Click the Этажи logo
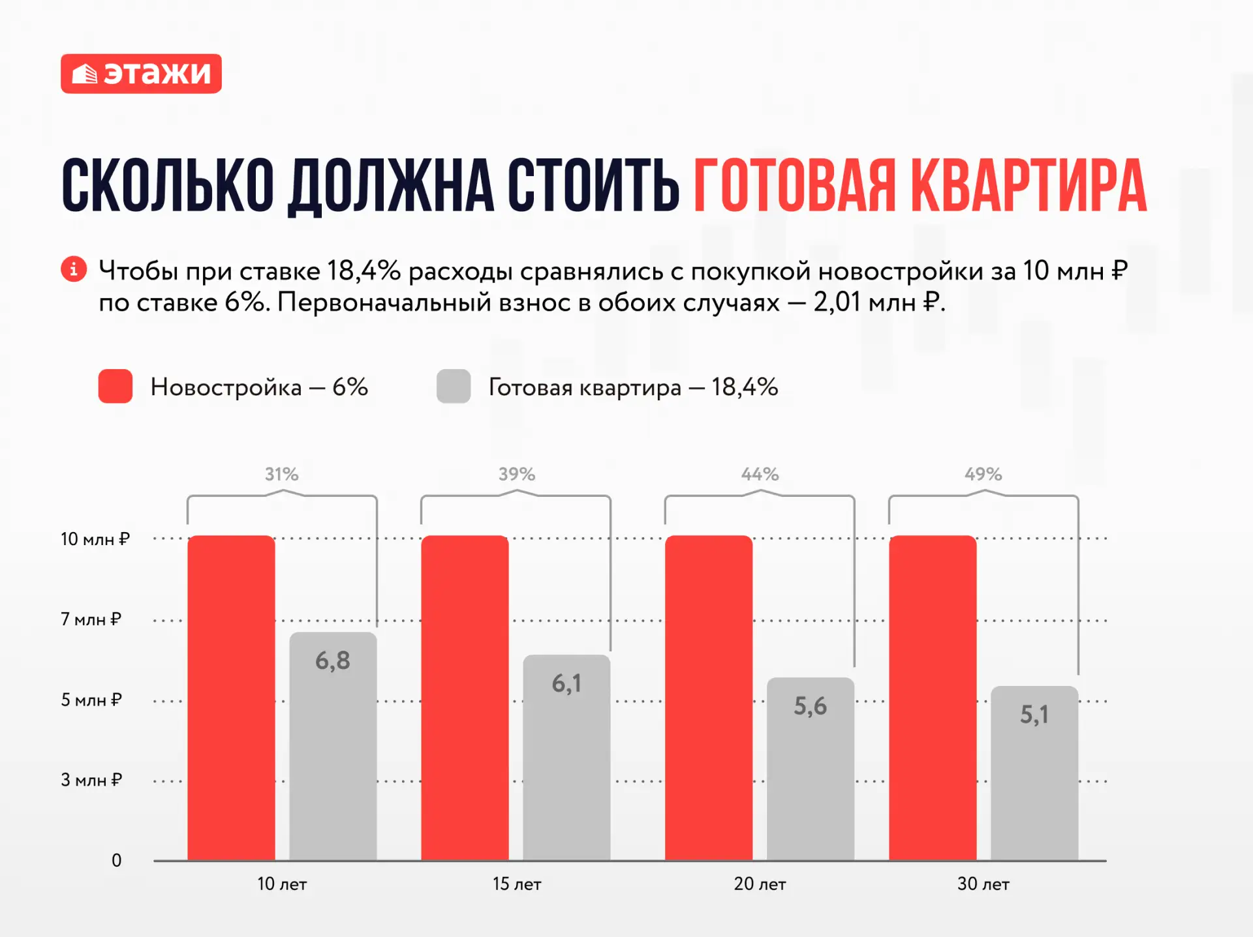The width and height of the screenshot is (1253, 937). (141, 74)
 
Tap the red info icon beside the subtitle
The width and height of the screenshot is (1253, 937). (74, 269)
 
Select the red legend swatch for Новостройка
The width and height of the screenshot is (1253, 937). (116, 386)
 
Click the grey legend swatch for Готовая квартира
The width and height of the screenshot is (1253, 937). (454, 386)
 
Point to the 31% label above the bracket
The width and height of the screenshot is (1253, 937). (282, 474)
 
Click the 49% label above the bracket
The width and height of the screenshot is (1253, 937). (983, 474)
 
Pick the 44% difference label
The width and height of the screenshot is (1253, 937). (760, 474)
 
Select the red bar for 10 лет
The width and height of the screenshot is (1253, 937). (231, 698)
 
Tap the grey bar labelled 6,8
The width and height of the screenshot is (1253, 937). (333, 746)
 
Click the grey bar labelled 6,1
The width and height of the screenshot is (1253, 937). (566, 758)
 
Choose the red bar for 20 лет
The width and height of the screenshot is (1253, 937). (709, 698)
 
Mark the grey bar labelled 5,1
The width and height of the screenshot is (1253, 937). (1034, 773)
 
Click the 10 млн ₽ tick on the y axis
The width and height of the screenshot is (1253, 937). (95, 539)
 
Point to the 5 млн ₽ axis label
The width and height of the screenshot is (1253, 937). (91, 700)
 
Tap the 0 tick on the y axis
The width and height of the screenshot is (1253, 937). (116, 861)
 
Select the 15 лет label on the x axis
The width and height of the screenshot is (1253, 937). (517, 884)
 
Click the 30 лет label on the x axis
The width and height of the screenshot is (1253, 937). (983, 884)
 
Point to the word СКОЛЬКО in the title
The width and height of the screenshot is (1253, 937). (168, 186)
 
